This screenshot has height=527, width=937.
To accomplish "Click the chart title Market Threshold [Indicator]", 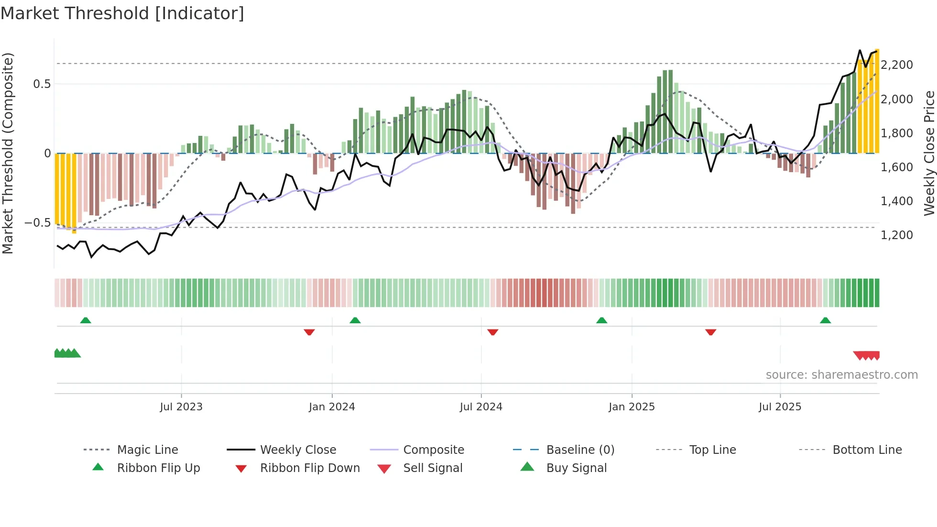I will (x=122, y=13).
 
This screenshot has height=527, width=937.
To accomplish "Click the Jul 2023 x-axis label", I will (x=181, y=407).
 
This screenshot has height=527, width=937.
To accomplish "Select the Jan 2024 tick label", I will (x=332, y=407).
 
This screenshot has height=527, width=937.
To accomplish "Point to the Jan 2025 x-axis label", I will (x=632, y=407).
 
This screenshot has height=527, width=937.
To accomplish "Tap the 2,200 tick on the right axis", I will (x=897, y=65).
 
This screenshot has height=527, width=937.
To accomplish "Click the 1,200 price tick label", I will (x=897, y=235).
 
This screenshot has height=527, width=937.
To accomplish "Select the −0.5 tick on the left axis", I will (x=37, y=223).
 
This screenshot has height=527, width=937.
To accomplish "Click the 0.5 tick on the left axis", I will (x=42, y=84).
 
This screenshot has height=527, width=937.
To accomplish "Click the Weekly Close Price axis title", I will (x=929, y=153).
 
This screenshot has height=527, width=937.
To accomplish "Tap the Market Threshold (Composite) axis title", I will (x=8, y=153).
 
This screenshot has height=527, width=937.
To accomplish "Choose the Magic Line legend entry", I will (x=147, y=450).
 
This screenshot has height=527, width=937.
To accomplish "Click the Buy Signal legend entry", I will (x=576, y=468).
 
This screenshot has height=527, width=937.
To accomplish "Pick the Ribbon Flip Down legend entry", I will (x=309, y=468).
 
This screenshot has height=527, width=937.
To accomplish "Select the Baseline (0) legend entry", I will (x=580, y=450).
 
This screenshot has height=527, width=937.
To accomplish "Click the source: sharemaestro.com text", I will (x=841, y=375).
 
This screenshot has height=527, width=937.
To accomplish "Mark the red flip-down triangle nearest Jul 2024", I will (x=493, y=332).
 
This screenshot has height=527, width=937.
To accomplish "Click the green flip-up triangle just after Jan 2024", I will (x=355, y=320).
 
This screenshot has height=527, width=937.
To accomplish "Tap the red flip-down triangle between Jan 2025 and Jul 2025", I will (x=710, y=332).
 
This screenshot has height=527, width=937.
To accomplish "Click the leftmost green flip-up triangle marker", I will (x=86, y=320).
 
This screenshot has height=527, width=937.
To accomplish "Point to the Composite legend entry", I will (x=433, y=450).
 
